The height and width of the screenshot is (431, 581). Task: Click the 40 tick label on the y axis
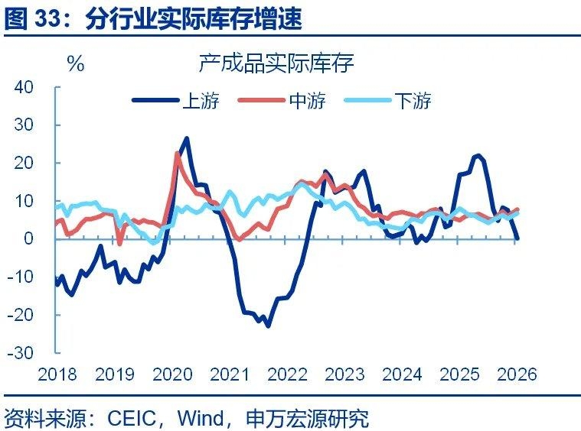24,87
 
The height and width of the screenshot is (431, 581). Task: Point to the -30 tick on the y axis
21,353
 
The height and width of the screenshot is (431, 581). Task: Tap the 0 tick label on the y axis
29,239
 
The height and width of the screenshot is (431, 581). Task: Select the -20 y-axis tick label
21,315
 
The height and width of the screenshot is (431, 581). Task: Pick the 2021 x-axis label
230,374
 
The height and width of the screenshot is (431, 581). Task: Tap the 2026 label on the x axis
517,374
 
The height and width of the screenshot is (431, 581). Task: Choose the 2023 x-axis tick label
344,374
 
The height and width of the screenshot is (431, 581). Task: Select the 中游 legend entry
307,101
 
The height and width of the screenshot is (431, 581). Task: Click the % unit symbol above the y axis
76,64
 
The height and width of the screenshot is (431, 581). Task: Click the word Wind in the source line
201,417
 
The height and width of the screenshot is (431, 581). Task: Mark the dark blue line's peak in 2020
187,138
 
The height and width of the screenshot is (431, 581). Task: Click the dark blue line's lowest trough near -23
268,326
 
